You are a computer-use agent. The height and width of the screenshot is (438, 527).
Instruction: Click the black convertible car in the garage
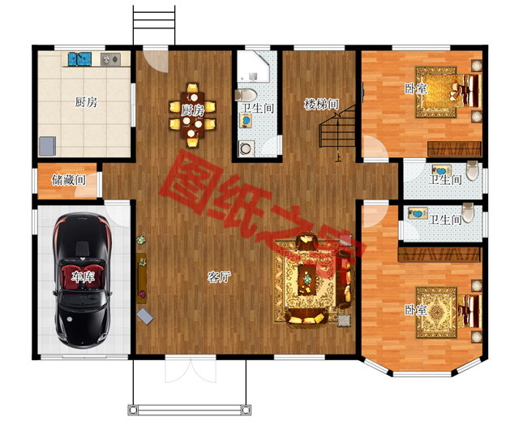tap(83, 281)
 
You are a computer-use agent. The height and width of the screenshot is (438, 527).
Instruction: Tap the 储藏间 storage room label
tap(69, 180)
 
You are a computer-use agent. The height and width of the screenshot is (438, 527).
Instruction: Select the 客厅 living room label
tap(219, 277)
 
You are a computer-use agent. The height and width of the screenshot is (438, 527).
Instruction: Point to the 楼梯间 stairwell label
tap(321, 104)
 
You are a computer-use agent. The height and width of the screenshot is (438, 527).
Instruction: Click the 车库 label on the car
tap(83, 277)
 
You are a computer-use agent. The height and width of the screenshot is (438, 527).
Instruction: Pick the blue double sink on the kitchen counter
tap(80, 59)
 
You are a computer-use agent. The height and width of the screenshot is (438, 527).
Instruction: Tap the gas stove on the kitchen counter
tap(110, 59)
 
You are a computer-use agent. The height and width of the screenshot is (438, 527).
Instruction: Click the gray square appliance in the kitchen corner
tap(47, 146)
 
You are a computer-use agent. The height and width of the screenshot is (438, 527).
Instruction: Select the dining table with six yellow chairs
tap(193, 115)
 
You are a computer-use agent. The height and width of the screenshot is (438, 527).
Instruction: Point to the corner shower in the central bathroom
tap(253, 67)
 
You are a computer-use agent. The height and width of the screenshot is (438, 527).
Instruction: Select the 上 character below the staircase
tap(338, 157)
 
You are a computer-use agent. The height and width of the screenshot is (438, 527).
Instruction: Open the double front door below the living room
tap(191, 371)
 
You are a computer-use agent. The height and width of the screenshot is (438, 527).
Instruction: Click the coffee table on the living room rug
tap(307, 279)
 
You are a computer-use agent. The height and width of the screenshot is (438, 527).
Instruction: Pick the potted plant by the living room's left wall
tap(141, 240)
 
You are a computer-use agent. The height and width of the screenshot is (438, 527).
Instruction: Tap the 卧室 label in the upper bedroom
tap(416, 88)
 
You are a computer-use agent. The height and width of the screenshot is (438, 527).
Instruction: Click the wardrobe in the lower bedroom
tap(439, 255)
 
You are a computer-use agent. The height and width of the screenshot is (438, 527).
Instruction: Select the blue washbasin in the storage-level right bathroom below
tap(418, 213)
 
